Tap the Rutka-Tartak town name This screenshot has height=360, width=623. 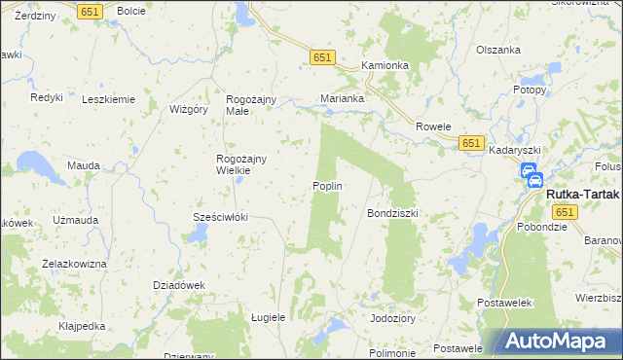(x=582, y=193)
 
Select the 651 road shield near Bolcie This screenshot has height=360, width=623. (x=91, y=11)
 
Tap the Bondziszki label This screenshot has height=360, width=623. (x=391, y=212)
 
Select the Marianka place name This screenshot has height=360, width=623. (x=343, y=98)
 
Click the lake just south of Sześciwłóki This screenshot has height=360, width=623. (x=198, y=234)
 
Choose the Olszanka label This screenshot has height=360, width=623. (x=498, y=50)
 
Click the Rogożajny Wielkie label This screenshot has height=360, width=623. (x=234, y=164)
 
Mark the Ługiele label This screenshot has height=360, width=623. (x=268, y=317)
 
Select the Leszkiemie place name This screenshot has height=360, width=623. (x=108, y=99)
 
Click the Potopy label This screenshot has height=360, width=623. (x=529, y=90)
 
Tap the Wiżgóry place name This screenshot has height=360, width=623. (x=190, y=109)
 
